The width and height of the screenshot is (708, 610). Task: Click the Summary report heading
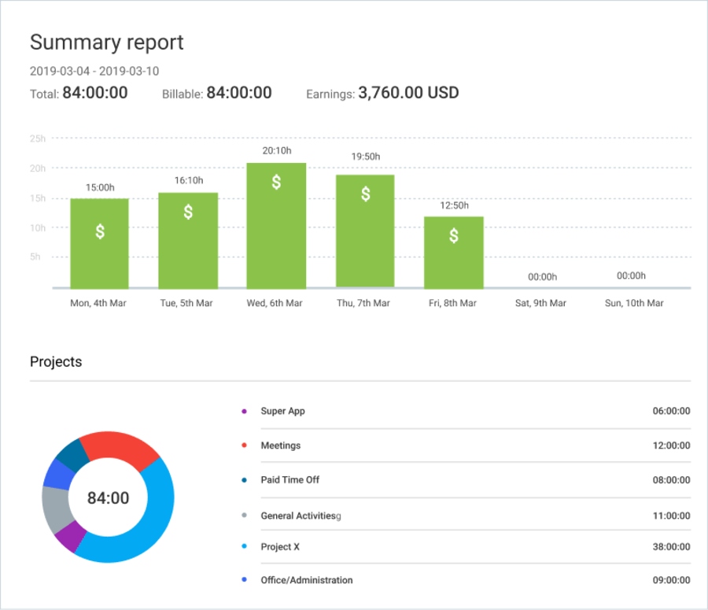click(x=107, y=43)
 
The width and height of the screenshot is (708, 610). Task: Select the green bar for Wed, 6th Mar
click(x=276, y=228)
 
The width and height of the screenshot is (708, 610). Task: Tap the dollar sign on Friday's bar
click(x=454, y=235)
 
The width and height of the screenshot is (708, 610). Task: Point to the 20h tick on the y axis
click(x=38, y=168)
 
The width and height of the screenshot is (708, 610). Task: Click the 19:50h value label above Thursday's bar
click(x=365, y=157)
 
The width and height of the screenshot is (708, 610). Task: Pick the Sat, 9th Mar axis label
click(x=541, y=303)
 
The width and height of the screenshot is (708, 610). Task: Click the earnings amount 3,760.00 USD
click(x=408, y=93)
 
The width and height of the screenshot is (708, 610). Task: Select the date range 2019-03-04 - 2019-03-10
click(x=94, y=71)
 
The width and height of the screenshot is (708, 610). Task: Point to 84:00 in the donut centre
click(x=108, y=497)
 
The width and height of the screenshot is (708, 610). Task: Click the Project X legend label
click(x=280, y=545)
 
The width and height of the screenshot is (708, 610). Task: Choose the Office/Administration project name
click(x=307, y=580)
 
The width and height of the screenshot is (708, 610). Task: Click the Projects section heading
click(x=56, y=362)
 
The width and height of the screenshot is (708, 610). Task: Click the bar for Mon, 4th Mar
click(x=100, y=244)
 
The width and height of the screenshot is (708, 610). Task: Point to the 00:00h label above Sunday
click(x=631, y=275)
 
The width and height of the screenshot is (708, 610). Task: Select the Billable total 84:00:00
click(x=238, y=93)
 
